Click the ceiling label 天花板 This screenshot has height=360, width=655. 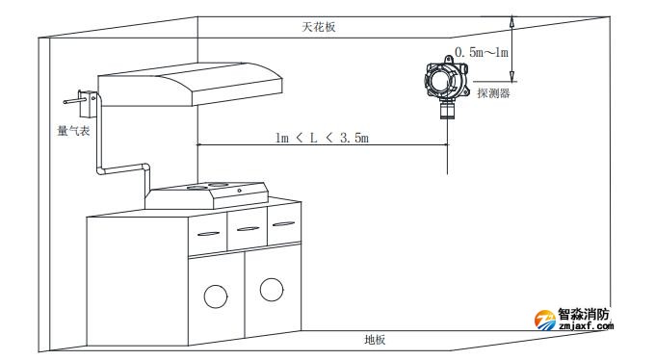coord(318,28)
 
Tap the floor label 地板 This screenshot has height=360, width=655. coord(375,340)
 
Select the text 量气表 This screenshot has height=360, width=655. coord(73,130)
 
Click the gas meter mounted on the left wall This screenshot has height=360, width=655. coord(84,98)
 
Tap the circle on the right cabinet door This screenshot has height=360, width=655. coord(272,287)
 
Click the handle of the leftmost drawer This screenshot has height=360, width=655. coord(206,232)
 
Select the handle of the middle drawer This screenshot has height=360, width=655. coord(247,228)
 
